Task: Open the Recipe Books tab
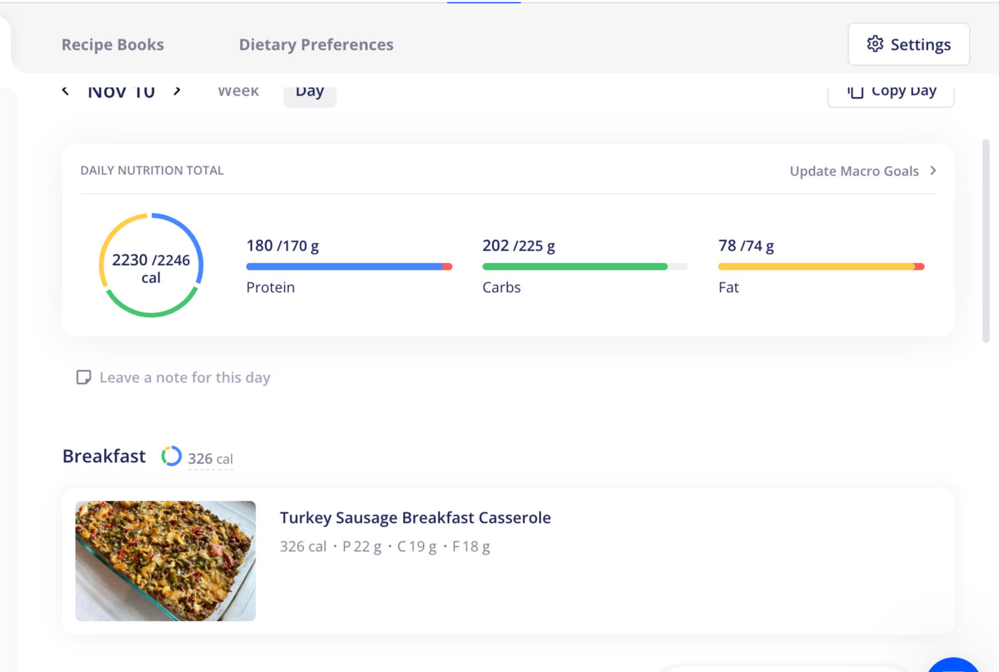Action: pyautogui.click(x=112, y=44)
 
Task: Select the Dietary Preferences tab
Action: pyautogui.click(x=316, y=44)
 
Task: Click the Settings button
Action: pyautogui.click(x=908, y=44)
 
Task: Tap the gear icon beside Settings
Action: pyautogui.click(x=875, y=44)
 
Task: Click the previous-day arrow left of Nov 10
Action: pyautogui.click(x=66, y=91)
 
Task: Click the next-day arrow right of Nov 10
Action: pyautogui.click(x=177, y=91)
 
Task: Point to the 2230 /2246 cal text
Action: pyautogui.click(x=151, y=268)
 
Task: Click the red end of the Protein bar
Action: pyautogui.click(x=447, y=266)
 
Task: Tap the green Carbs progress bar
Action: pyautogui.click(x=574, y=266)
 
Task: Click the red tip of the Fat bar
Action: pyautogui.click(x=919, y=266)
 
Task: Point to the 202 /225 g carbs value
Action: pyautogui.click(x=518, y=246)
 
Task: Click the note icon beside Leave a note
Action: pyautogui.click(x=84, y=377)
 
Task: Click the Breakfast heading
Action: pyautogui.click(x=104, y=456)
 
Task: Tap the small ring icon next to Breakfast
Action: pyautogui.click(x=171, y=456)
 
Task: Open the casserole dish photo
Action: pyautogui.click(x=165, y=561)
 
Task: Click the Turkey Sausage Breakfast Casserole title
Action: pyautogui.click(x=415, y=518)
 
